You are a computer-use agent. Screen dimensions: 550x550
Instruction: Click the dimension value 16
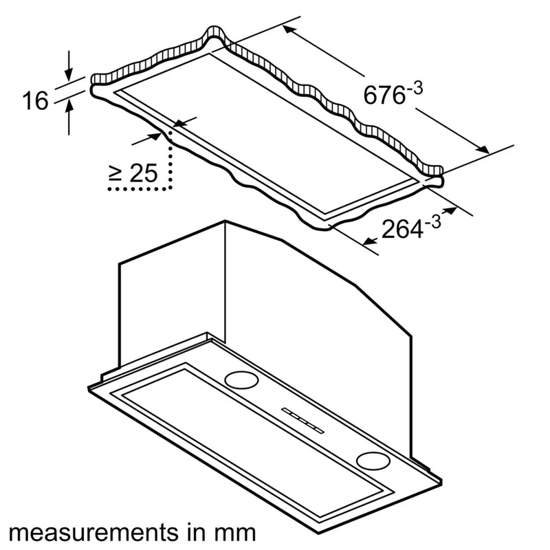(x=35, y=101)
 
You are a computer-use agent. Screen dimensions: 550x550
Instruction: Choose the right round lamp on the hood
(x=372, y=460)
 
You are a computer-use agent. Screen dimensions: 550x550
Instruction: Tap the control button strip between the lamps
(x=302, y=418)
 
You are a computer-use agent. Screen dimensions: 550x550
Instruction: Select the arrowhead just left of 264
(x=368, y=240)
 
